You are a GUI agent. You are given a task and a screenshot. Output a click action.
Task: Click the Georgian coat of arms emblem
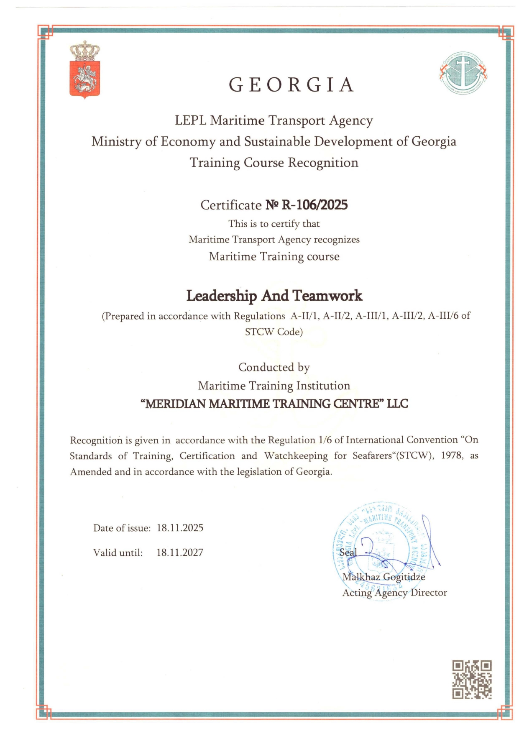pyautogui.click(x=85, y=70)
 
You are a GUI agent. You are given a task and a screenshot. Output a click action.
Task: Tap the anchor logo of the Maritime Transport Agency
pyautogui.click(x=463, y=73)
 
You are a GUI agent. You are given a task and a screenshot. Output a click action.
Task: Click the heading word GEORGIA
pyautogui.click(x=291, y=85)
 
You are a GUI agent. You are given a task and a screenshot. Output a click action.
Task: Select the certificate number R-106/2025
pyautogui.click(x=314, y=205)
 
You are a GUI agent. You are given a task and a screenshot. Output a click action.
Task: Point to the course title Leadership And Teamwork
pyautogui.click(x=274, y=296)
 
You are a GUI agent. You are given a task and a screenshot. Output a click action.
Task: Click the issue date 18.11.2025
pyautogui.click(x=180, y=528)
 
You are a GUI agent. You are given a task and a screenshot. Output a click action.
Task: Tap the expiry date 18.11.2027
pyautogui.click(x=180, y=552)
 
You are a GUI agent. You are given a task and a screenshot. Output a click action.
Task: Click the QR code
pyautogui.click(x=471, y=679)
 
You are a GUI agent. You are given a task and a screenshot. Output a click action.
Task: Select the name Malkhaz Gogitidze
pyautogui.click(x=383, y=577)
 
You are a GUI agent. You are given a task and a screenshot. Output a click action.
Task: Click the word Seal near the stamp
pyautogui.click(x=348, y=552)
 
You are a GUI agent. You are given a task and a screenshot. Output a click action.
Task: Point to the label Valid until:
pyautogui.click(x=118, y=553)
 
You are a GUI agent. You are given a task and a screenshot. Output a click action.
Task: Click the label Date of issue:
pyautogui.click(x=122, y=528)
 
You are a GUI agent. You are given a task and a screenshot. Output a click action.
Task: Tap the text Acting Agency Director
pyautogui.click(x=394, y=593)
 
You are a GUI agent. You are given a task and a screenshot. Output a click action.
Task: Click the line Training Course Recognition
pyautogui.click(x=274, y=163)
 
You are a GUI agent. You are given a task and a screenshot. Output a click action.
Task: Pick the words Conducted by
pyautogui.click(x=274, y=367)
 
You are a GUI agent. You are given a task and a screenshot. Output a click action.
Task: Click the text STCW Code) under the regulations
pyautogui.click(x=274, y=332)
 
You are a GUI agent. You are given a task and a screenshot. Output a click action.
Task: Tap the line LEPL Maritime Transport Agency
pyautogui.click(x=274, y=120)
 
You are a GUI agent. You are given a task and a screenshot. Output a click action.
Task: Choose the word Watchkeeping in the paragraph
pyautogui.click(x=296, y=456)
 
